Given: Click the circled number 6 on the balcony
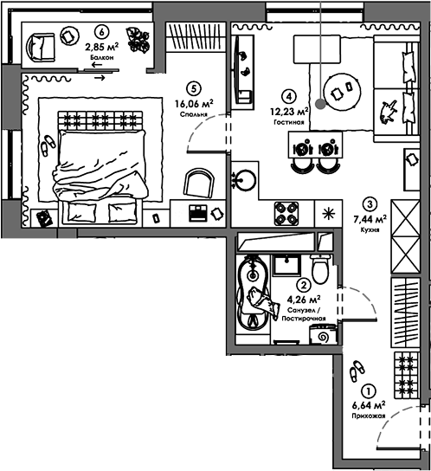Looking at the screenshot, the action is pyautogui.click(x=101, y=31).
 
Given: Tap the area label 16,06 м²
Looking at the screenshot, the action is pyautogui.click(x=194, y=104).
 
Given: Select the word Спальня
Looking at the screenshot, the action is pyautogui.click(x=194, y=114).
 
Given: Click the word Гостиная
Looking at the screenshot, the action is pyautogui.click(x=289, y=122).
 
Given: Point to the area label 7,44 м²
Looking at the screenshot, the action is pyautogui.click(x=370, y=219).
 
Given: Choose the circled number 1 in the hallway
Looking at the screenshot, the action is pyautogui.click(x=370, y=391).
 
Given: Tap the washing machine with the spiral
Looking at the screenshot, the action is pyautogui.click(x=323, y=334).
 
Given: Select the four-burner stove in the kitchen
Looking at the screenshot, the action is pyautogui.click(x=286, y=214).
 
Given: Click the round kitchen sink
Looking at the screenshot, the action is pyautogui.click(x=245, y=180).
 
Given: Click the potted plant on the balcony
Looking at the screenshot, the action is pyautogui.click(x=138, y=40).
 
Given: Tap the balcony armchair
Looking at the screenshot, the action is pyautogui.click(x=41, y=48).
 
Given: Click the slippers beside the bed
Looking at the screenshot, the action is pyautogui.click(x=48, y=145).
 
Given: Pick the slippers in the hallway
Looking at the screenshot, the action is pyautogui.click(x=357, y=371).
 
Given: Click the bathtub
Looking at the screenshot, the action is pyautogui.click(x=253, y=292).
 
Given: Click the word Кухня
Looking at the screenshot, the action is pyautogui.click(x=370, y=229).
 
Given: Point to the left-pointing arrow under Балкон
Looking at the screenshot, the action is pyautogui.click(x=97, y=65).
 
